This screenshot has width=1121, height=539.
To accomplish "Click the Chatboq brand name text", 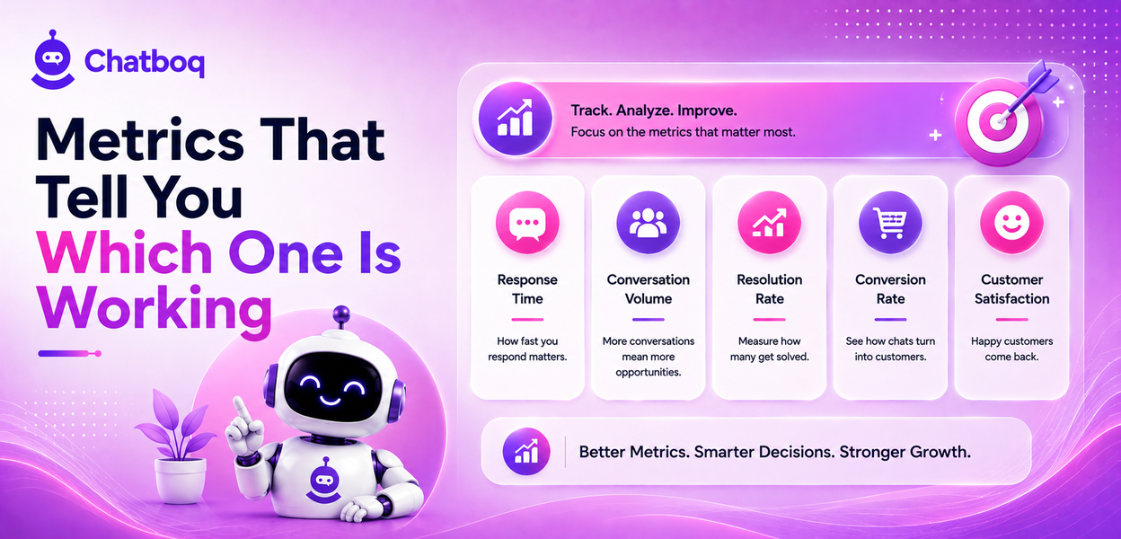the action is click(145, 62).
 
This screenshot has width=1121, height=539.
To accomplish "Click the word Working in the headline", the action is click(154, 309).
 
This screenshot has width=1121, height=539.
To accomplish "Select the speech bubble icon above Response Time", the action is click(527, 223).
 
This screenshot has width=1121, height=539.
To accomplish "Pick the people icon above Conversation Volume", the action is click(649, 223).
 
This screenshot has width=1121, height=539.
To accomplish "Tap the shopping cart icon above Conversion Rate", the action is click(890, 223).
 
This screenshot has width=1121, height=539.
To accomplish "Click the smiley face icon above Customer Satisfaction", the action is click(1011, 223).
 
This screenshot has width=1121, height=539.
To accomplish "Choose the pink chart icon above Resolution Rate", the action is click(769, 223).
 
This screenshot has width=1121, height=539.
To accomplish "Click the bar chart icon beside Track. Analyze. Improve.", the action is click(515, 119).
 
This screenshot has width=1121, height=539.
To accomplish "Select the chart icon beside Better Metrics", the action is click(526, 452).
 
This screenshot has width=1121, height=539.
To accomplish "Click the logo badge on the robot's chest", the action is click(323, 481).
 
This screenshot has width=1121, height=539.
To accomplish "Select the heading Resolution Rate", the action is click(769, 289).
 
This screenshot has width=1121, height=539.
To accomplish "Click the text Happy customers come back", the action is click(1011, 349).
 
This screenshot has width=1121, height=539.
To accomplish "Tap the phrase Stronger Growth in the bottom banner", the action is click(905, 452).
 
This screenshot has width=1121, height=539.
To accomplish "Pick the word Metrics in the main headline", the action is click(140, 140).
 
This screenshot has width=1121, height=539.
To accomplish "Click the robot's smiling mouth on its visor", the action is click(330, 401).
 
